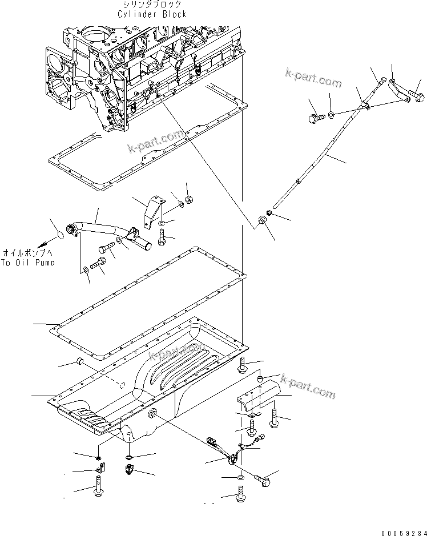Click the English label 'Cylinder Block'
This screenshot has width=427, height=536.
point(152,14)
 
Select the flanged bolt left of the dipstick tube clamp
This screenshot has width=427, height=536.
point(315,119)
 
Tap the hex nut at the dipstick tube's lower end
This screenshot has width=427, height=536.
point(263,220)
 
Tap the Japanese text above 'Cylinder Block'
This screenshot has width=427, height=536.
point(152,5)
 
